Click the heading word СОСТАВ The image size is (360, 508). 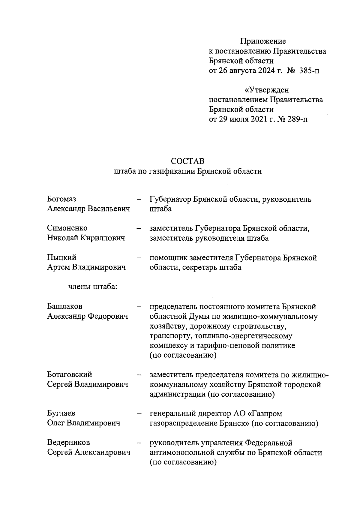(187, 161)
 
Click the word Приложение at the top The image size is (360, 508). (263, 41)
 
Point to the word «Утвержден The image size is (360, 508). (267, 90)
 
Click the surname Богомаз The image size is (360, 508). (61, 199)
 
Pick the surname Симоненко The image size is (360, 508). (67, 228)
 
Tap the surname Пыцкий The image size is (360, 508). (61, 257)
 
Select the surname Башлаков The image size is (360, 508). (64, 306)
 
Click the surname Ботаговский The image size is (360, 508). (70, 374)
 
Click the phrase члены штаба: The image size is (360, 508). (93, 287)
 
